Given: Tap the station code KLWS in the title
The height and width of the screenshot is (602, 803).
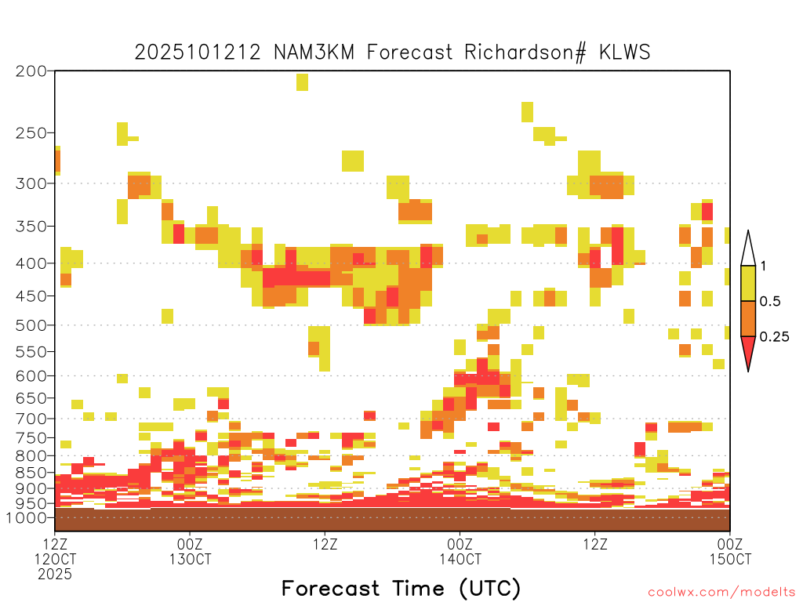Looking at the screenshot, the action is [625, 53].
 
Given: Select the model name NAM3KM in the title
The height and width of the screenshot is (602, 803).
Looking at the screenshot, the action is [314, 53].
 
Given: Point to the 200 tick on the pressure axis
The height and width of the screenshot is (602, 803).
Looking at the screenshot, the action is [31, 71].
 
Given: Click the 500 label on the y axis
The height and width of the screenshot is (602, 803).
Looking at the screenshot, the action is [31, 325].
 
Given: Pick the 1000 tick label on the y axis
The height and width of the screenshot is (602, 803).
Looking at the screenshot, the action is [27, 517].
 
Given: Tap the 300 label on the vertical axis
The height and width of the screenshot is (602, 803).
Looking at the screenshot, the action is [31, 183].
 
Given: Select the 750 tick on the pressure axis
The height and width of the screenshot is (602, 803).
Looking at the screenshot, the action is [31, 437].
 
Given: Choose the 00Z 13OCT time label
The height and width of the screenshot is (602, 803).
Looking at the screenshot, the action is [190, 551].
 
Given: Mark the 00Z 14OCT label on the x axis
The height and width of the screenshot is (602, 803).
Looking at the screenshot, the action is [460, 551].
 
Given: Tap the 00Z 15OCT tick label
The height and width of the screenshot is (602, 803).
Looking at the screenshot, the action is [730, 551].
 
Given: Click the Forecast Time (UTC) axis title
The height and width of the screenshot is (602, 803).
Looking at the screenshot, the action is [401, 588].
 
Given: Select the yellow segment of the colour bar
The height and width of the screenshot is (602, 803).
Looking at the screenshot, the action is [748, 283].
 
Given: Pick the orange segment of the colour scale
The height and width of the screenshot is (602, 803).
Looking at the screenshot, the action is [748, 318].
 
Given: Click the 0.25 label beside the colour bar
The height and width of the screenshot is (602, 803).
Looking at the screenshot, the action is [774, 336].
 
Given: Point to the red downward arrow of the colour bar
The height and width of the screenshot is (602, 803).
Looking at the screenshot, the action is [748, 350].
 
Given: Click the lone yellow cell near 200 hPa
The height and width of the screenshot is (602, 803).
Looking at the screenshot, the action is [302, 82].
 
